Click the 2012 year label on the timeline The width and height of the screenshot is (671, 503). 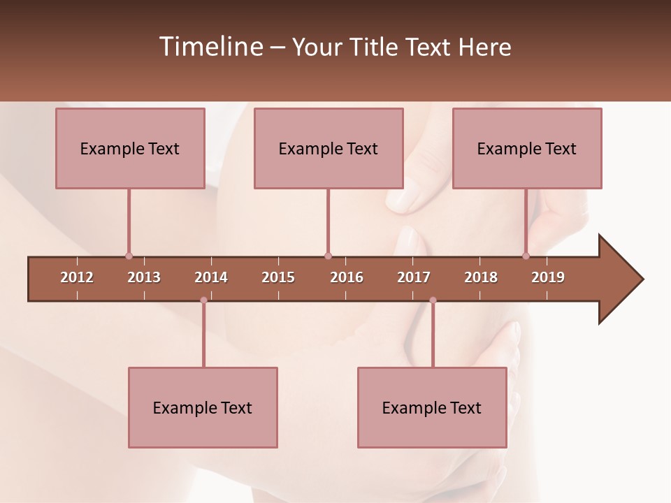[77, 277]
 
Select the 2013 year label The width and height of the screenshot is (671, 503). [144, 277]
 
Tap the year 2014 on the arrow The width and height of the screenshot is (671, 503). [211, 277]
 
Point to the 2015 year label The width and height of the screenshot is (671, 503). [278, 277]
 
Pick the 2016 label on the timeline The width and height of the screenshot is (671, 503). [347, 277]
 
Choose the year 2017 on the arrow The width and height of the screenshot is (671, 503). [414, 277]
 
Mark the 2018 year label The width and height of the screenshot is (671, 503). [481, 277]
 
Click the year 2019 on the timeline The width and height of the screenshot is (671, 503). [548, 277]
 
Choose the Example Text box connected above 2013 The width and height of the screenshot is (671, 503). [130, 148]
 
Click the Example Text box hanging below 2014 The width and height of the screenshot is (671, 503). [203, 407]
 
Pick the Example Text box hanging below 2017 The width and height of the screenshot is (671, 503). [432, 407]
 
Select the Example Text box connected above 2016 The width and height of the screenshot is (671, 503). [329, 148]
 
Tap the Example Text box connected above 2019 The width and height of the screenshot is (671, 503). [527, 148]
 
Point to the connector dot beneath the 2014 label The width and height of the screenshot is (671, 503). [203, 300]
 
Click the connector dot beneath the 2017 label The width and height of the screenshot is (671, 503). [433, 300]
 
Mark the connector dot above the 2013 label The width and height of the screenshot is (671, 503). [129, 256]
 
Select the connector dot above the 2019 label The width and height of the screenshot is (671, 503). [526, 256]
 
